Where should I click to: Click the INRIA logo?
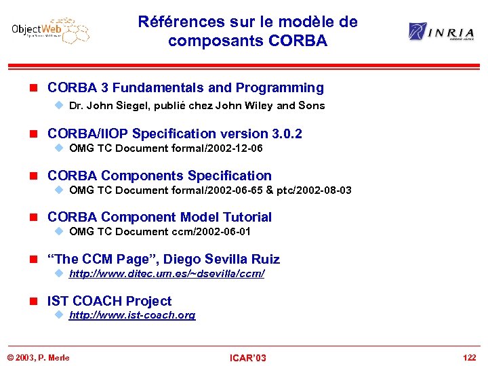coord(440,32)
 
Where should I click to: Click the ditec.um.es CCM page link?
coord(167,274)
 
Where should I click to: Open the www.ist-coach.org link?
coord(132,315)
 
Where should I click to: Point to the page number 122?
coord(469,357)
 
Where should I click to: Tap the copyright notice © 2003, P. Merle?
coord(39,357)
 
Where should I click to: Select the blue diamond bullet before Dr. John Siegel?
coord(58,106)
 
